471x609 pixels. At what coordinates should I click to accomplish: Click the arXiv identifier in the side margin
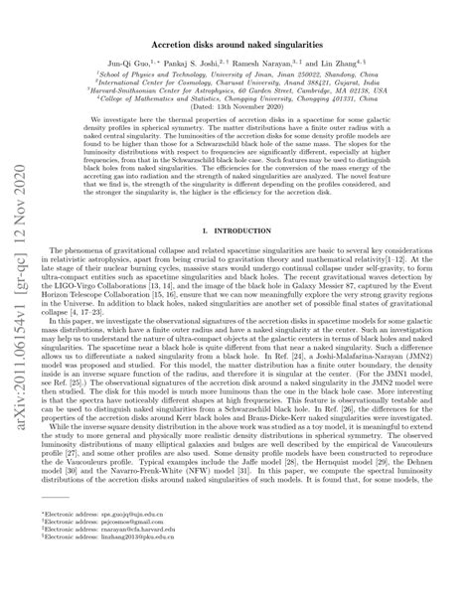17,298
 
